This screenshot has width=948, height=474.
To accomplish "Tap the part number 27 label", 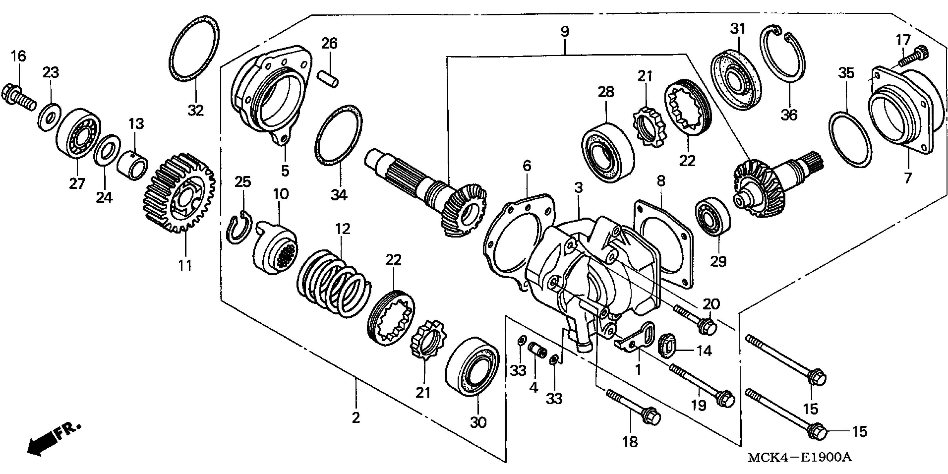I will (77, 183).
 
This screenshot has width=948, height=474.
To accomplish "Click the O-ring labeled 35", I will (850, 140).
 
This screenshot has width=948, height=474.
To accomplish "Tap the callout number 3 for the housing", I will (579, 188).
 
